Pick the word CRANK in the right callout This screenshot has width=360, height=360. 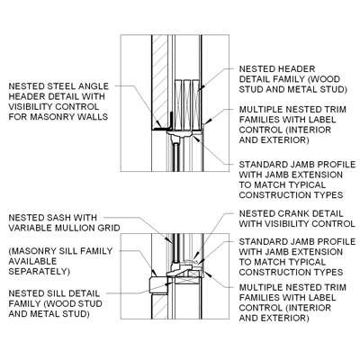(284, 214)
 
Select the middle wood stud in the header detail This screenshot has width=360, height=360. (187, 104)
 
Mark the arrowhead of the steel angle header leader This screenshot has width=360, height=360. (157, 122)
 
